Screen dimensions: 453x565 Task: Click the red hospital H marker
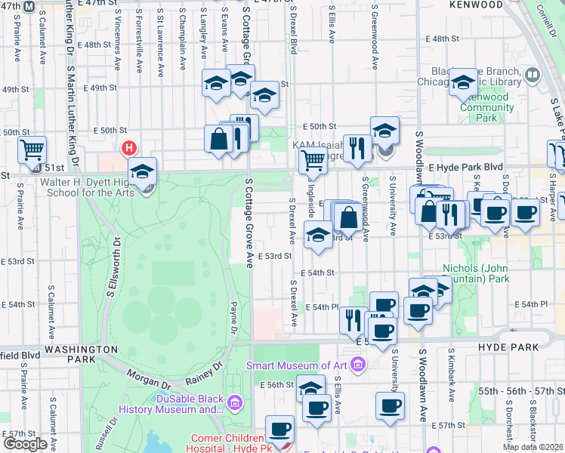coord(129,147)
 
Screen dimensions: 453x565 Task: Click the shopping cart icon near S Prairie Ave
coord(32,150)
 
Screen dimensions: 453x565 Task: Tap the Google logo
coord(25,444)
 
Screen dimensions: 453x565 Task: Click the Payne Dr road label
coord(234,315)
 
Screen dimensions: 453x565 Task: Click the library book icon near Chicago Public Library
coord(533,75)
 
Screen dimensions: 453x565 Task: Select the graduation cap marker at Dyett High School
coord(142,173)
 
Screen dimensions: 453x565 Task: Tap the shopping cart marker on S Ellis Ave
coord(313,160)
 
